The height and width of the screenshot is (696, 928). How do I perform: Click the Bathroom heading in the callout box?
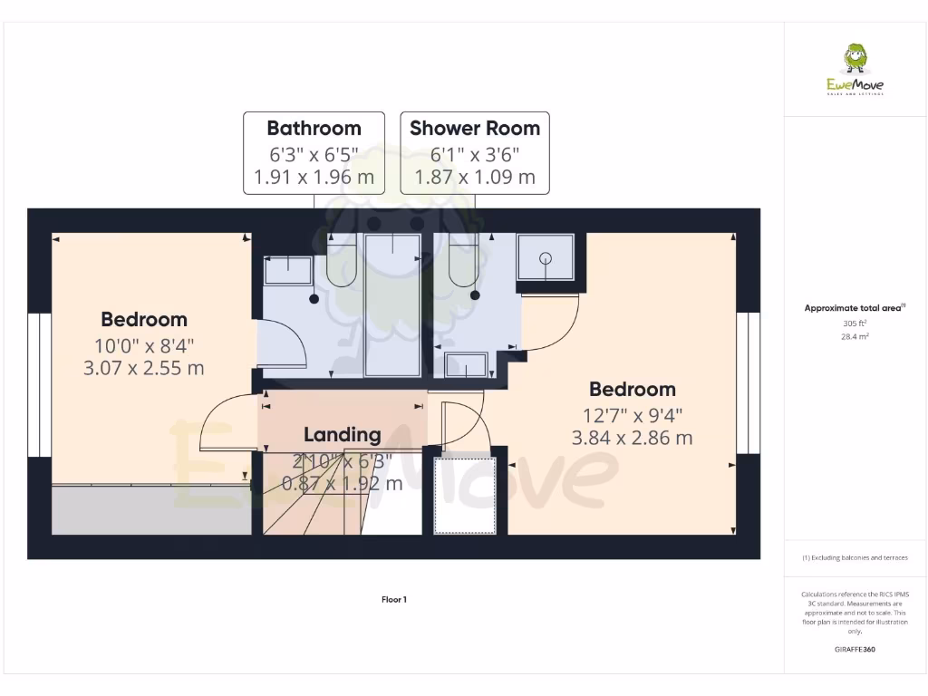(x=314, y=128)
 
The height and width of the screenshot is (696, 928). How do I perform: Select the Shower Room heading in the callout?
(x=475, y=128)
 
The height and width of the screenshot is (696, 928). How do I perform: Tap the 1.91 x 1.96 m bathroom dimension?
(x=314, y=177)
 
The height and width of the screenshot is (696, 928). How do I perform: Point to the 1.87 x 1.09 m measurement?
(x=475, y=177)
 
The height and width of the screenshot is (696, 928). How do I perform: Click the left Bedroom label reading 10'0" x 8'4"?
(x=144, y=345)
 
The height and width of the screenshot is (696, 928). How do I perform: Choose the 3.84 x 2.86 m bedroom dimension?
(x=632, y=438)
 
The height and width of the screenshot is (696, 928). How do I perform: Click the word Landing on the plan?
(x=342, y=434)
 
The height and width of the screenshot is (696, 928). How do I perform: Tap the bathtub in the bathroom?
(x=392, y=304)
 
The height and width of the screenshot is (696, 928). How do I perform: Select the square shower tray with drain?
(x=546, y=258)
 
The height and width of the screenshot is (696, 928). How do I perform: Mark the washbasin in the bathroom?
(x=287, y=269)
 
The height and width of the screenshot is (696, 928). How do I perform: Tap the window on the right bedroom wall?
(x=747, y=382)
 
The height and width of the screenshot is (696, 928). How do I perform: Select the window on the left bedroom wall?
(x=39, y=384)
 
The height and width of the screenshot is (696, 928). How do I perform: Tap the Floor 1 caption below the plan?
(x=393, y=599)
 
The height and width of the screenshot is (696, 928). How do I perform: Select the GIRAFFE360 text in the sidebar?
(x=855, y=650)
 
